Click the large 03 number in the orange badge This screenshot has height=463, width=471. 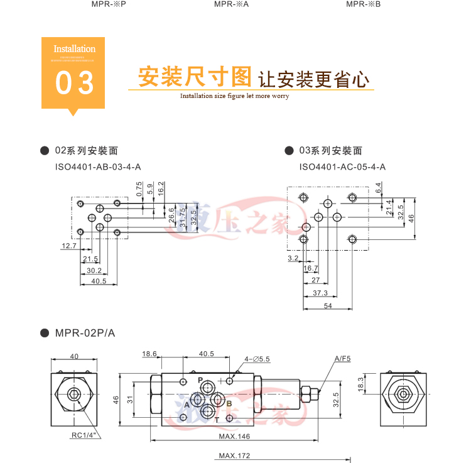74,84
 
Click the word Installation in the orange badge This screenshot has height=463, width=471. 74,49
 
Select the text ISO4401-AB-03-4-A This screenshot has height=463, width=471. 98,167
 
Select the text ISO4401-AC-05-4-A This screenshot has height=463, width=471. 342,167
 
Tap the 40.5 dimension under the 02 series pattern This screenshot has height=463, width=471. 99,281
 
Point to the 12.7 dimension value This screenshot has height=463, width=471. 68,246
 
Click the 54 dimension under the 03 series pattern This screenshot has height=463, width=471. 327,305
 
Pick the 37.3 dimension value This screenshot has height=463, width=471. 320,293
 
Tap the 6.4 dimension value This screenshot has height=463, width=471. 379,187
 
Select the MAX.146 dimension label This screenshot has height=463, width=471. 235,437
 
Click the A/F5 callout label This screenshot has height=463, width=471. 342,359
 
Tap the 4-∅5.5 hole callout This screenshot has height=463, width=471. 257,359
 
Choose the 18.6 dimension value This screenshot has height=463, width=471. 149,354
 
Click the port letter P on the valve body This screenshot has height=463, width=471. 200,381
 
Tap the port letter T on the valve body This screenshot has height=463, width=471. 217,419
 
